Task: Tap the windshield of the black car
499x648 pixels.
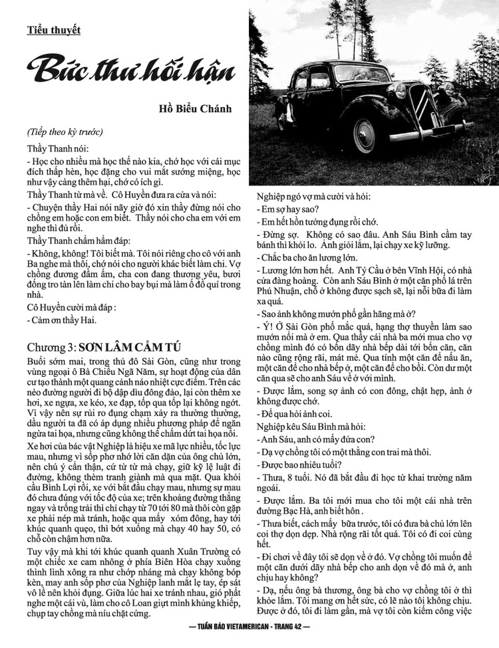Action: pos(347,79)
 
